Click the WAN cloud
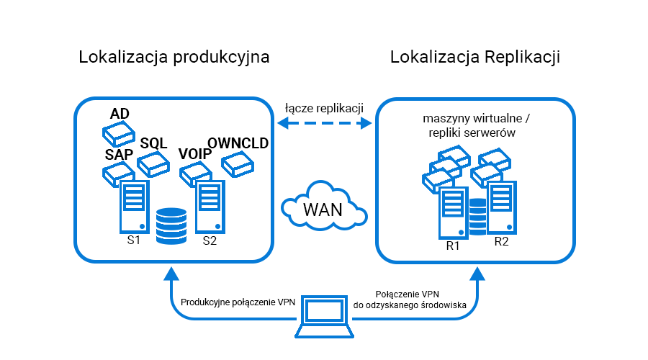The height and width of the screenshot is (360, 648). click(x=323, y=208)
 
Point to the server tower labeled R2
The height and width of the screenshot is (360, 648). click(x=500, y=208)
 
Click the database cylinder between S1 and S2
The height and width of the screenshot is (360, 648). click(x=171, y=225)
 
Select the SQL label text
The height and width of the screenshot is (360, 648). click(x=153, y=143)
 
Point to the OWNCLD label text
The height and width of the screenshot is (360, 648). click(x=238, y=143)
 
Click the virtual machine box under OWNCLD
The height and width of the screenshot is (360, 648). click(x=238, y=166)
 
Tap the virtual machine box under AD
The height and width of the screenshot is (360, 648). click(x=117, y=132)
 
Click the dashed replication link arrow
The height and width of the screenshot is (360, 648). click(x=323, y=124)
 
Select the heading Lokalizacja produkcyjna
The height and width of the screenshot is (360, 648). click(x=174, y=58)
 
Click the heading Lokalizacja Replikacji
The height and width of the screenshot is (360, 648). click(x=475, y=58)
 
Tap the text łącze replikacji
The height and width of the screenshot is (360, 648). click(x=323, y=107)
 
